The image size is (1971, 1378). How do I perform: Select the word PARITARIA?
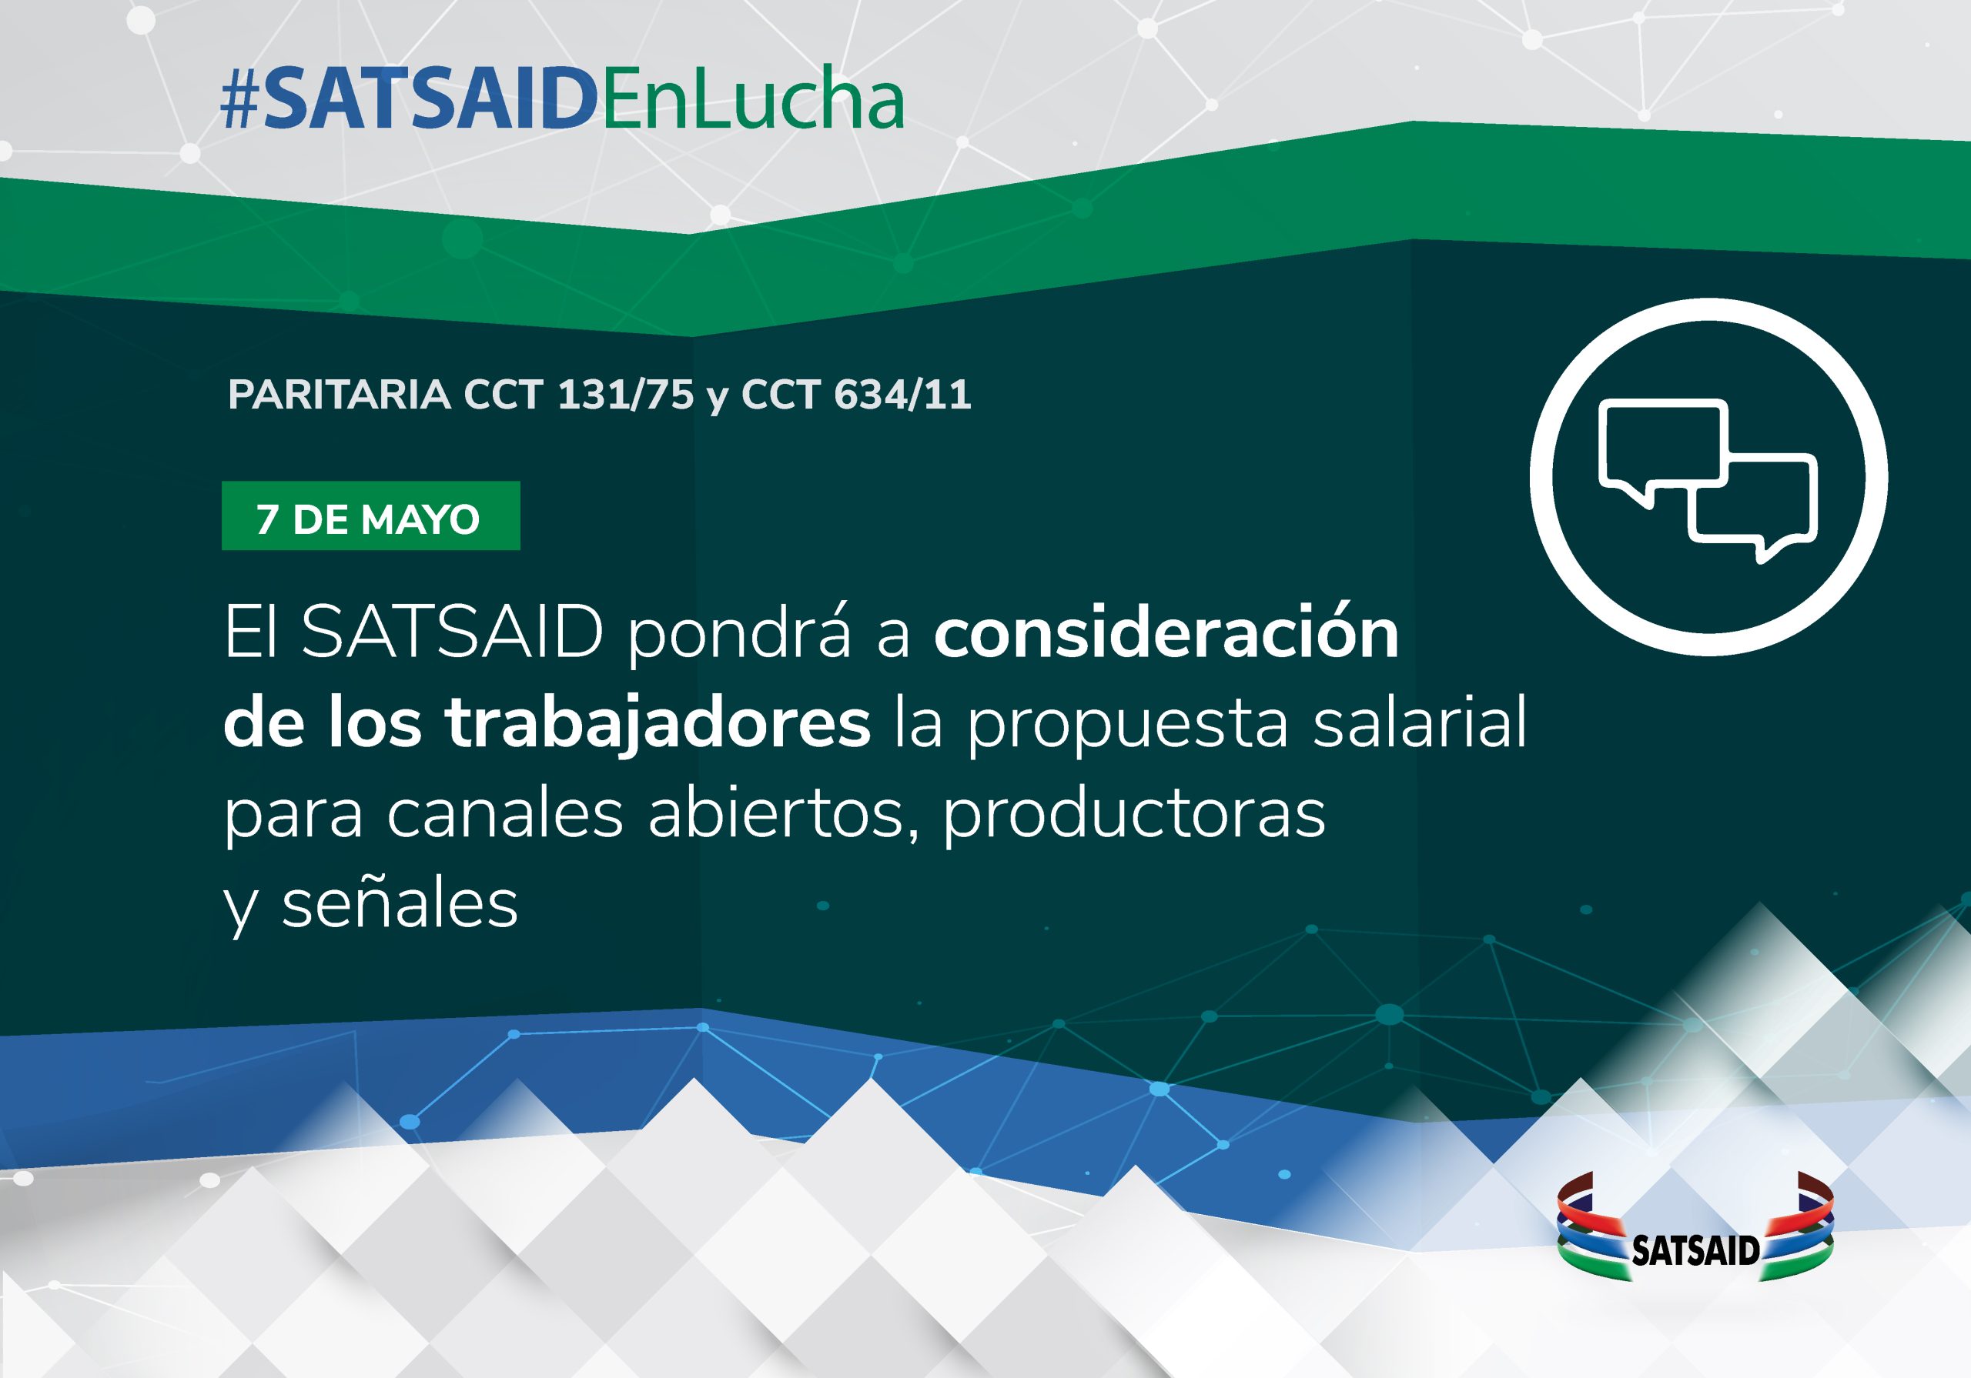[339, 395]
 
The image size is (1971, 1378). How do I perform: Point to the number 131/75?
[625, 395]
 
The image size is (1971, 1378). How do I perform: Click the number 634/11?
[903, 395]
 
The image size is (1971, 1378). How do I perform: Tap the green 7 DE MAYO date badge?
[371, 515]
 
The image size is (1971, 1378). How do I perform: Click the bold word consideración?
[1166, 632]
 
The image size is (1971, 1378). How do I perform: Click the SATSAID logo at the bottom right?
[1695, 1226]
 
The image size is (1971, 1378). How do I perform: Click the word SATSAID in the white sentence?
[453, 632]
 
